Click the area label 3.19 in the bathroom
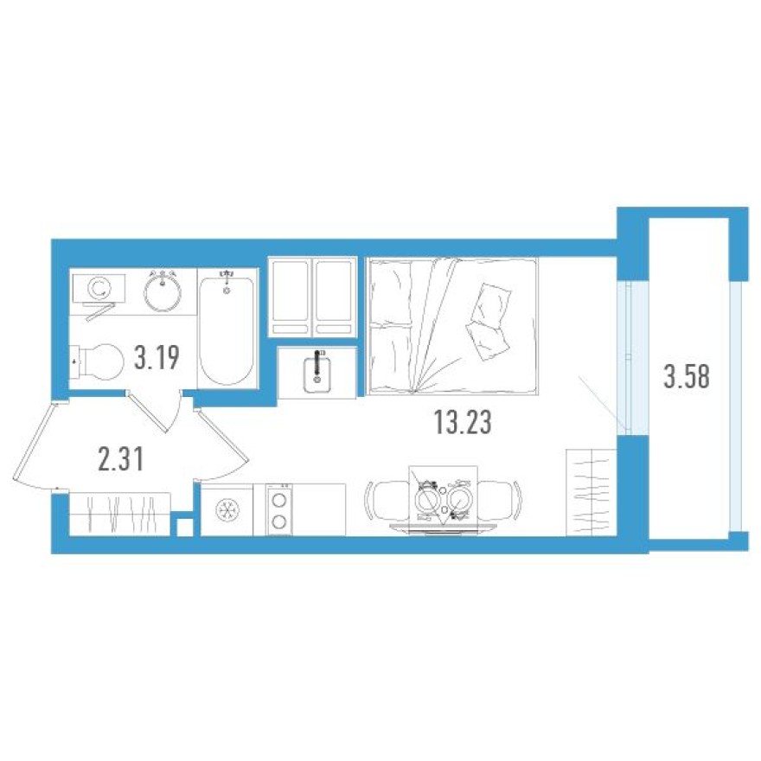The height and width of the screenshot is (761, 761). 157,356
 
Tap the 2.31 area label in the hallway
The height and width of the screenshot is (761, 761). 120,457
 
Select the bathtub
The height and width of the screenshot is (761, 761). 227,329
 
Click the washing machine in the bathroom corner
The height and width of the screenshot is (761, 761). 99,287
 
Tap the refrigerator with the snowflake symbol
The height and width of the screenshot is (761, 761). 227,511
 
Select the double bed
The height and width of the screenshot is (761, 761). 452,326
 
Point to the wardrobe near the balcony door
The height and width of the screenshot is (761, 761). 590,493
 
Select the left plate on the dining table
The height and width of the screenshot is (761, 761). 425,500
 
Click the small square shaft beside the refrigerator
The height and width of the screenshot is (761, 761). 183,526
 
